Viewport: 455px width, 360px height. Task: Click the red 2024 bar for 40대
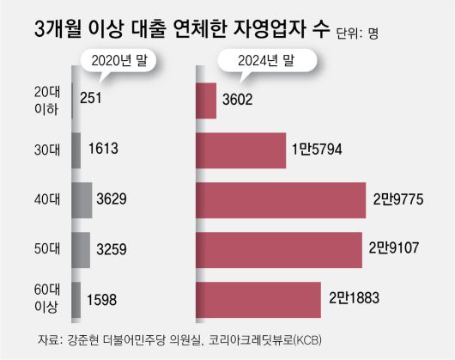click(279, 199)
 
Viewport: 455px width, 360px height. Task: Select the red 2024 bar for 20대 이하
click(206, 100)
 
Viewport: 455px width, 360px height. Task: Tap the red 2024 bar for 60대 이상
click(258, 299)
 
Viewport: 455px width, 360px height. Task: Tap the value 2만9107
click(392, 249)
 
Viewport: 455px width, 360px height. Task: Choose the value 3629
click(115, 199)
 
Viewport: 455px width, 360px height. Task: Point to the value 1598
click(105, 299)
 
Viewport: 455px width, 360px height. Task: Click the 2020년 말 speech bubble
click(108, 60)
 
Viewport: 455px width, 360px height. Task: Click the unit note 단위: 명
click(355, 34)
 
